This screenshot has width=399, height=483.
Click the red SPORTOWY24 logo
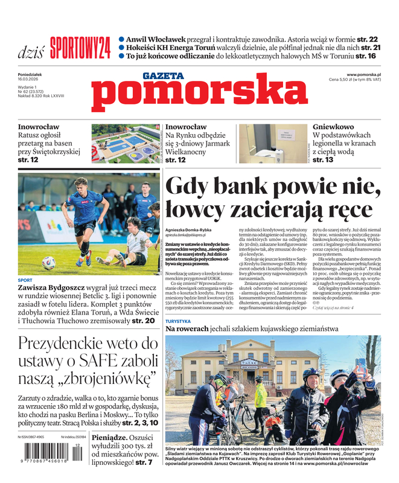pos(80,48)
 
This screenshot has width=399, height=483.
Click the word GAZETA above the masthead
pos(162,75)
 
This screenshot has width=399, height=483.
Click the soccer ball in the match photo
pos(49,262)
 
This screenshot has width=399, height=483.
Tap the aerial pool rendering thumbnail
pos(127,143)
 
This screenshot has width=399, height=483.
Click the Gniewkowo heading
pos(333,127)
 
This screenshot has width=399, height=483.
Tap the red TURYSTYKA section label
pos(178,321)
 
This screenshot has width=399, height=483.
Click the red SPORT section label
pos(25,280)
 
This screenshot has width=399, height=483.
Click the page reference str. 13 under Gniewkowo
pos(323,159)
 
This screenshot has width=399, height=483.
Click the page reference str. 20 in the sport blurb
pos(145,321)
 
